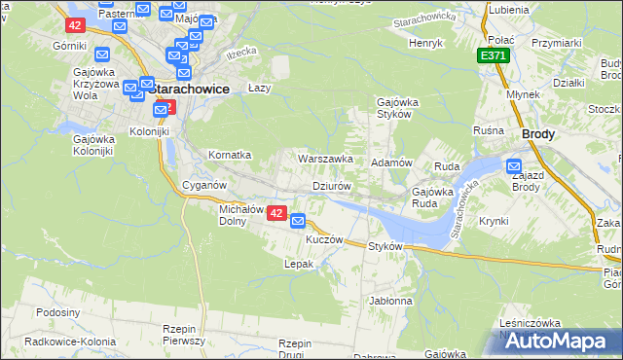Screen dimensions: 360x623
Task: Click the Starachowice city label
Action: [192, 89]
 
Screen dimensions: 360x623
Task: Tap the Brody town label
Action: [538, 135]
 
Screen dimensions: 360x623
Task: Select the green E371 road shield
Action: [493, 57]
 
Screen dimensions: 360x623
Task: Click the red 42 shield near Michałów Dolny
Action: [275, 213]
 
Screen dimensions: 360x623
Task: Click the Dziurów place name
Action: [331, 185]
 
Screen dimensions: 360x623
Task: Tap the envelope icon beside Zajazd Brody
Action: [514, 167]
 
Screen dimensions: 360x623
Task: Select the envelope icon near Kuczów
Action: [298, 221]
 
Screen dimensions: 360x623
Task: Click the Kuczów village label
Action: [325, 238]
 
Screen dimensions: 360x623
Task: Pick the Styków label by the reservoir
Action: [385, 246]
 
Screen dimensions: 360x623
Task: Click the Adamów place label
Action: [394, 162]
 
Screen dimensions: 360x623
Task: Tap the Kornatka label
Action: [231, 155]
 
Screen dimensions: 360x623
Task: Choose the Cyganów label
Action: [204, 185]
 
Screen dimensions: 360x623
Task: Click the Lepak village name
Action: [298, 264]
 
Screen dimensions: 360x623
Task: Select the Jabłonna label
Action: [391, 301]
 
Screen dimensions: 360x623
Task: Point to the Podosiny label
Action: [56, 312]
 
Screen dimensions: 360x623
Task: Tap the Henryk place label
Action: [425, 44]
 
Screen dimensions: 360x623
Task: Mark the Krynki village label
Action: [494, 221]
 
